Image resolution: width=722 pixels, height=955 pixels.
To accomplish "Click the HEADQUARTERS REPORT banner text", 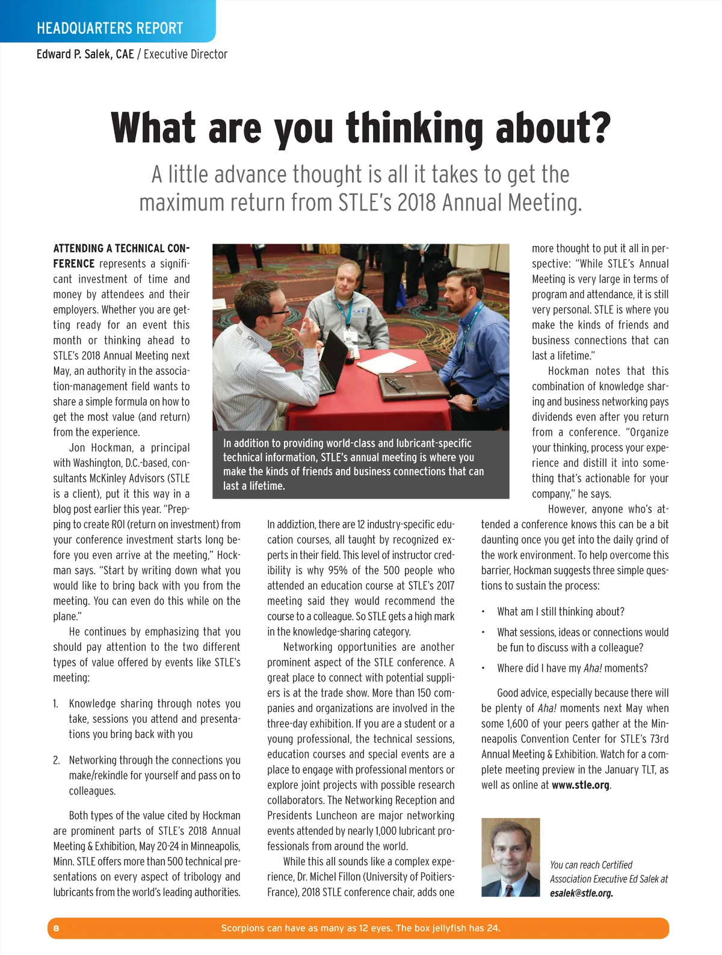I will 110,28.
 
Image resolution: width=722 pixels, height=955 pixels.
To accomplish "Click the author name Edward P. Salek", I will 85,54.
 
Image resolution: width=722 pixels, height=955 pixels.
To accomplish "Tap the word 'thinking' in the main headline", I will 415,128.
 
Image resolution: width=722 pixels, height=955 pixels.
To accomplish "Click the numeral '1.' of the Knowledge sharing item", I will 55,704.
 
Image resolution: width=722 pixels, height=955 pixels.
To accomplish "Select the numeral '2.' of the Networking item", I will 56,760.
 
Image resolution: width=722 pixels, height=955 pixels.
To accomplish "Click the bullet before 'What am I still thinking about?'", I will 483,612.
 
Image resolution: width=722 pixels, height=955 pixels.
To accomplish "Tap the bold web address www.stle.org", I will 581,785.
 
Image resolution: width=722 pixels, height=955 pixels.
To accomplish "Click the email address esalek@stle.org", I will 581,893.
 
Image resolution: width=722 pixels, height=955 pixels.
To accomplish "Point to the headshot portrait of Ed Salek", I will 510,857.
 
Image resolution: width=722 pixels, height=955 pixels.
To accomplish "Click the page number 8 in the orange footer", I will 57,928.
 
